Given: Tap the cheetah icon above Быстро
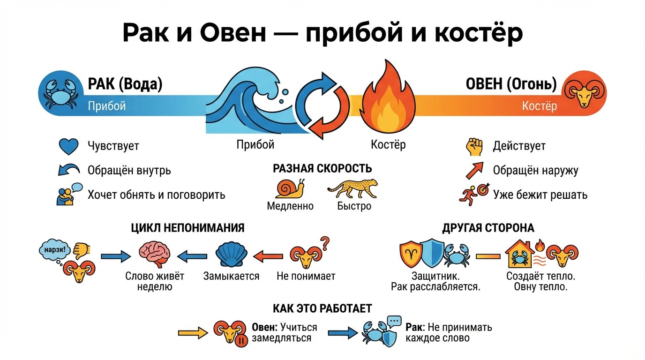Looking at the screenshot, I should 352,189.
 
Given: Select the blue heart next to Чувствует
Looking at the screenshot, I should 68,146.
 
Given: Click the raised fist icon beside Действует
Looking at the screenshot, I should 473,146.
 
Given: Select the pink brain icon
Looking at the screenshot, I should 155,255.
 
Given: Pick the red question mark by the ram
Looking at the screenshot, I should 324,243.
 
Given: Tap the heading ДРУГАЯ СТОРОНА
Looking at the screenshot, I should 488,228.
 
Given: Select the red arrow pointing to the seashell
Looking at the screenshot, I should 268,256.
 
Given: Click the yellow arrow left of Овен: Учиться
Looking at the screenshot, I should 192,333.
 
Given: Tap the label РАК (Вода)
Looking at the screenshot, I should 125,84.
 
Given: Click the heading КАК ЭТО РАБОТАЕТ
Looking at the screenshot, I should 322,308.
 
